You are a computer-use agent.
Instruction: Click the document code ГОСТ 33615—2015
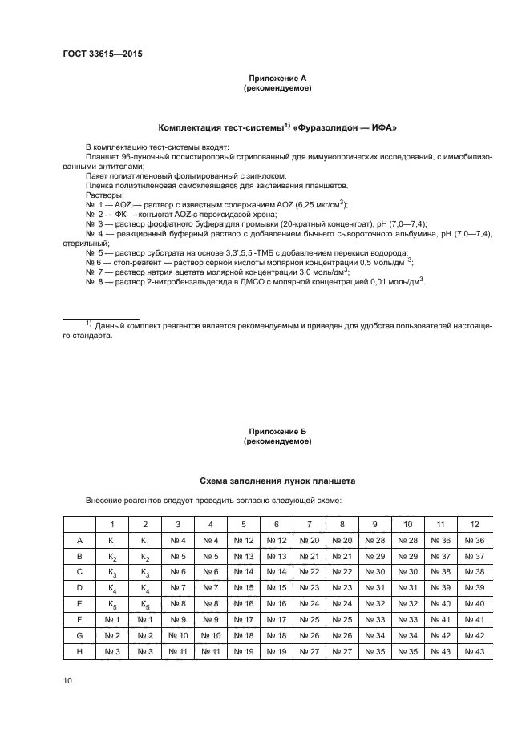[97, 55]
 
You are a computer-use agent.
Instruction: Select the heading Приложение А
[277, 78]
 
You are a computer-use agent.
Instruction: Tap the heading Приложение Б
[277, 431]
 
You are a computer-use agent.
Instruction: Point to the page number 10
[69, 680]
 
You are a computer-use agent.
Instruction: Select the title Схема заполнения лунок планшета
[277, 481]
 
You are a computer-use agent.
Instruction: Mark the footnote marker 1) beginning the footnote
[90, 325]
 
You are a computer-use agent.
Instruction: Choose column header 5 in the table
[244, 524]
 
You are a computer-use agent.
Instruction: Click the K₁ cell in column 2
[145, 540]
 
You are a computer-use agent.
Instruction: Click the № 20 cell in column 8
[342, 540]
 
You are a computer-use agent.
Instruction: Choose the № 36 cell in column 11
[441, 540]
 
